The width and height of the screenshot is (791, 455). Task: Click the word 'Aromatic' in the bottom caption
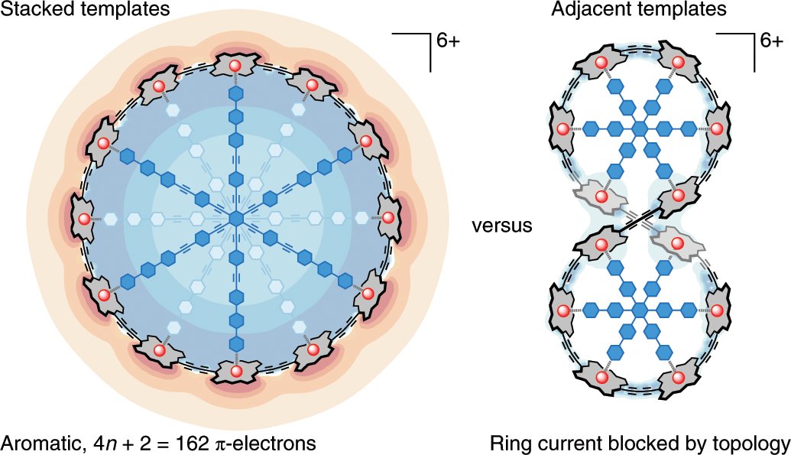pos(35,444)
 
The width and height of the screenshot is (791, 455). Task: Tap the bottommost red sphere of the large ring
pos(236,371)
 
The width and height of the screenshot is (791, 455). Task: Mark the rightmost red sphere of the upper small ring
pos(717,127)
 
